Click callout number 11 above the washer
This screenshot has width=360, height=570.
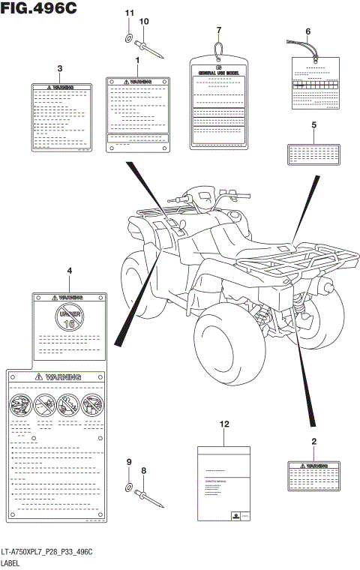(x=128, y=13)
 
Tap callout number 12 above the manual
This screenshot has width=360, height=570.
(x=223, y=424)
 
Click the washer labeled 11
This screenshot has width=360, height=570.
(x=128, y=38)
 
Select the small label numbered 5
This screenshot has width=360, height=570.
(x=313, y=154)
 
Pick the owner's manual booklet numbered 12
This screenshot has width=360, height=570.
(x=223, y=483)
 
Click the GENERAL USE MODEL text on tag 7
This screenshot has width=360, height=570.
(x=218, y=73)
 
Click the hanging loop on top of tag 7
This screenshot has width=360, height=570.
(x=218, y=49)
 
